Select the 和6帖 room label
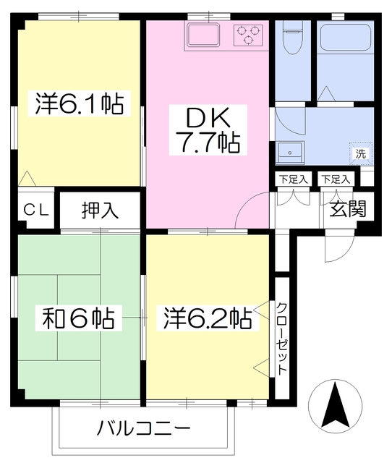tap(75, 318)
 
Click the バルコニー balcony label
tap(144, 428)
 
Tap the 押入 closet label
tap(100, 211)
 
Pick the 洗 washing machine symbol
tap(360, 153)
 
